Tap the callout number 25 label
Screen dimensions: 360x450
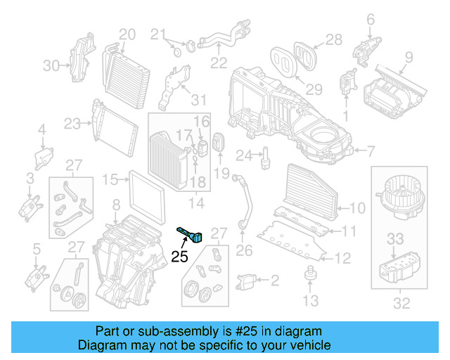tap(180, 257)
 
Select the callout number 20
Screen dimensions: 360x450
tap(127, 33)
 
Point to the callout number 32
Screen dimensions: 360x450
tap(401, 304)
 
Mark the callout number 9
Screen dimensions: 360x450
tap(409, 58)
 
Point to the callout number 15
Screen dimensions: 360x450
tap(110, 180)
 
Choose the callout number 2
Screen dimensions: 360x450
tap(274, 281)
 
